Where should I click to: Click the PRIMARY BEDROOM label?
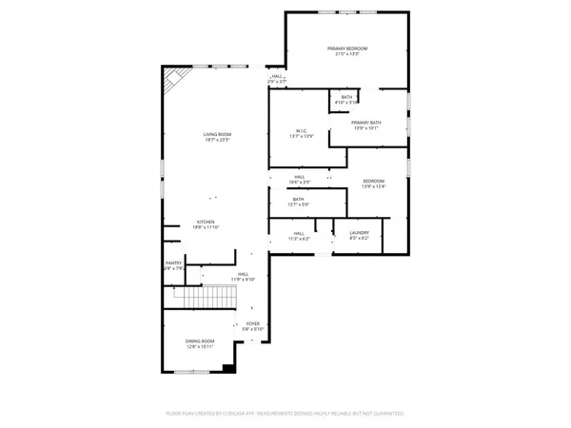[x=347, y=49]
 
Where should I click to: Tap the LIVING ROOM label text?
[x=217, y=134]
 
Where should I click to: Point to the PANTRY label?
[x=173, y=263]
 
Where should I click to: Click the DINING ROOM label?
[x=200, y=340]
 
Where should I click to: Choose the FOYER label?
[x=253, y=323]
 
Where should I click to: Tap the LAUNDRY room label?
[x=359, y=232]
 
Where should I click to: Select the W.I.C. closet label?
[x=300, y=131]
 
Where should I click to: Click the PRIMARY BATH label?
[x=366, y=123]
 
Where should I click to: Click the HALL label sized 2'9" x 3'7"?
[x=277, y=77]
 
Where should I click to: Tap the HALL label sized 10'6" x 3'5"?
[x=299, y=176]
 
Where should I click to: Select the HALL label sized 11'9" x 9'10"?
[x=243, y=274]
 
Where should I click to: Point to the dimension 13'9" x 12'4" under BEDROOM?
[x=373, y=186]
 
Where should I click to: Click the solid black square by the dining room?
[x=228, y=368]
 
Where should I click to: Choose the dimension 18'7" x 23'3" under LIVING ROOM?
[x=217, y=140]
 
